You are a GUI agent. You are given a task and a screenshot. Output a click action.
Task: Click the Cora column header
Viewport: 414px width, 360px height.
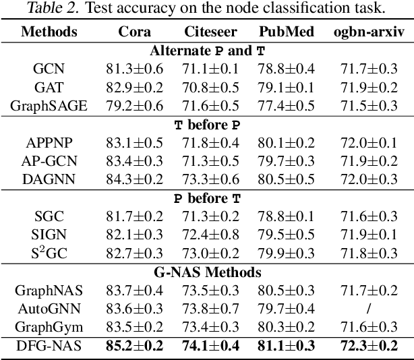(135, 32)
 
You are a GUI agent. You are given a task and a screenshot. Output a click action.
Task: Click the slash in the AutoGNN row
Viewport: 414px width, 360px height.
(367, 309)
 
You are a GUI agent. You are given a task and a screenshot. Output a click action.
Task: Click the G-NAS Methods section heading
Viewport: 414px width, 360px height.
(207, 272)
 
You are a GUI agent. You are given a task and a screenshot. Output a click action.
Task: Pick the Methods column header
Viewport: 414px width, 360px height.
(49, 32)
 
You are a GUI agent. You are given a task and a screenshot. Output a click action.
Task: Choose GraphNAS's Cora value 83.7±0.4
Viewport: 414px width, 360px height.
(135, 291)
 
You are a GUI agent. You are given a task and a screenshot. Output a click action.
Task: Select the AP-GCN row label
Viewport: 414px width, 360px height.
(49, 160)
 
